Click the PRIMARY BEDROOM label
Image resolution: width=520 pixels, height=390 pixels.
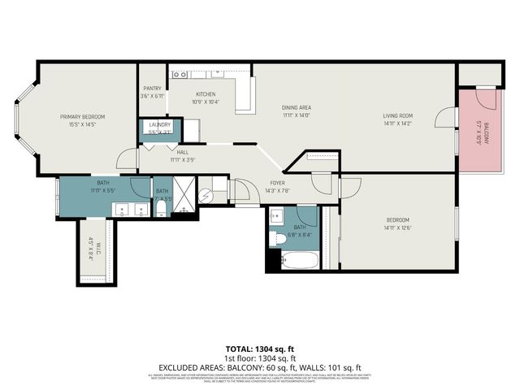click(x=82, y=117)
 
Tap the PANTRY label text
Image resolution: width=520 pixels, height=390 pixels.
click(x=152, y=89)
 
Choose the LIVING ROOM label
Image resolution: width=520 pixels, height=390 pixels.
click(x=398, y=115)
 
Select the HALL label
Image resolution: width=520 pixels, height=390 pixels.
click(x=183, y=153)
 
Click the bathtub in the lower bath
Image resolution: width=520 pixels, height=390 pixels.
click(x=298, y=262)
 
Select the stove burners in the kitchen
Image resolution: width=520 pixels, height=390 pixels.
click(x=180, y=75)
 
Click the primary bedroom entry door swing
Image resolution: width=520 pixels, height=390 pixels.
click(x=127, y=159)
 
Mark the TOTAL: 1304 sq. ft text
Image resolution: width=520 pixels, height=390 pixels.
click(x=259, y=349)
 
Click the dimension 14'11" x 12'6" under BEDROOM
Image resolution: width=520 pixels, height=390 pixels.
click(x=397, y=228)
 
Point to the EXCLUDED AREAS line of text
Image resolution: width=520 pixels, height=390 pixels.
click(x=259, y=366)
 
